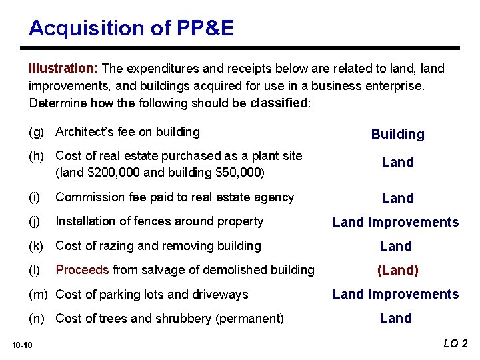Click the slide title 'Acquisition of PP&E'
(131, 28)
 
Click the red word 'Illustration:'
(63, 69)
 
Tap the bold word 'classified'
(279, 103)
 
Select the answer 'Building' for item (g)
(397, 134)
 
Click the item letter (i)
(34, 197)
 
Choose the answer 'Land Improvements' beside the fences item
(395, 222)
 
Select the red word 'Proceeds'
(82, 270)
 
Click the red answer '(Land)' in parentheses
(397, 270)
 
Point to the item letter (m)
(39, 295)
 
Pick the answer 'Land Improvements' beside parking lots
(395, 294)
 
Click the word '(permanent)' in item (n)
(249, 319)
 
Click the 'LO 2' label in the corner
(455, 344)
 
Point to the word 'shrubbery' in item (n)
(184, 319)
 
